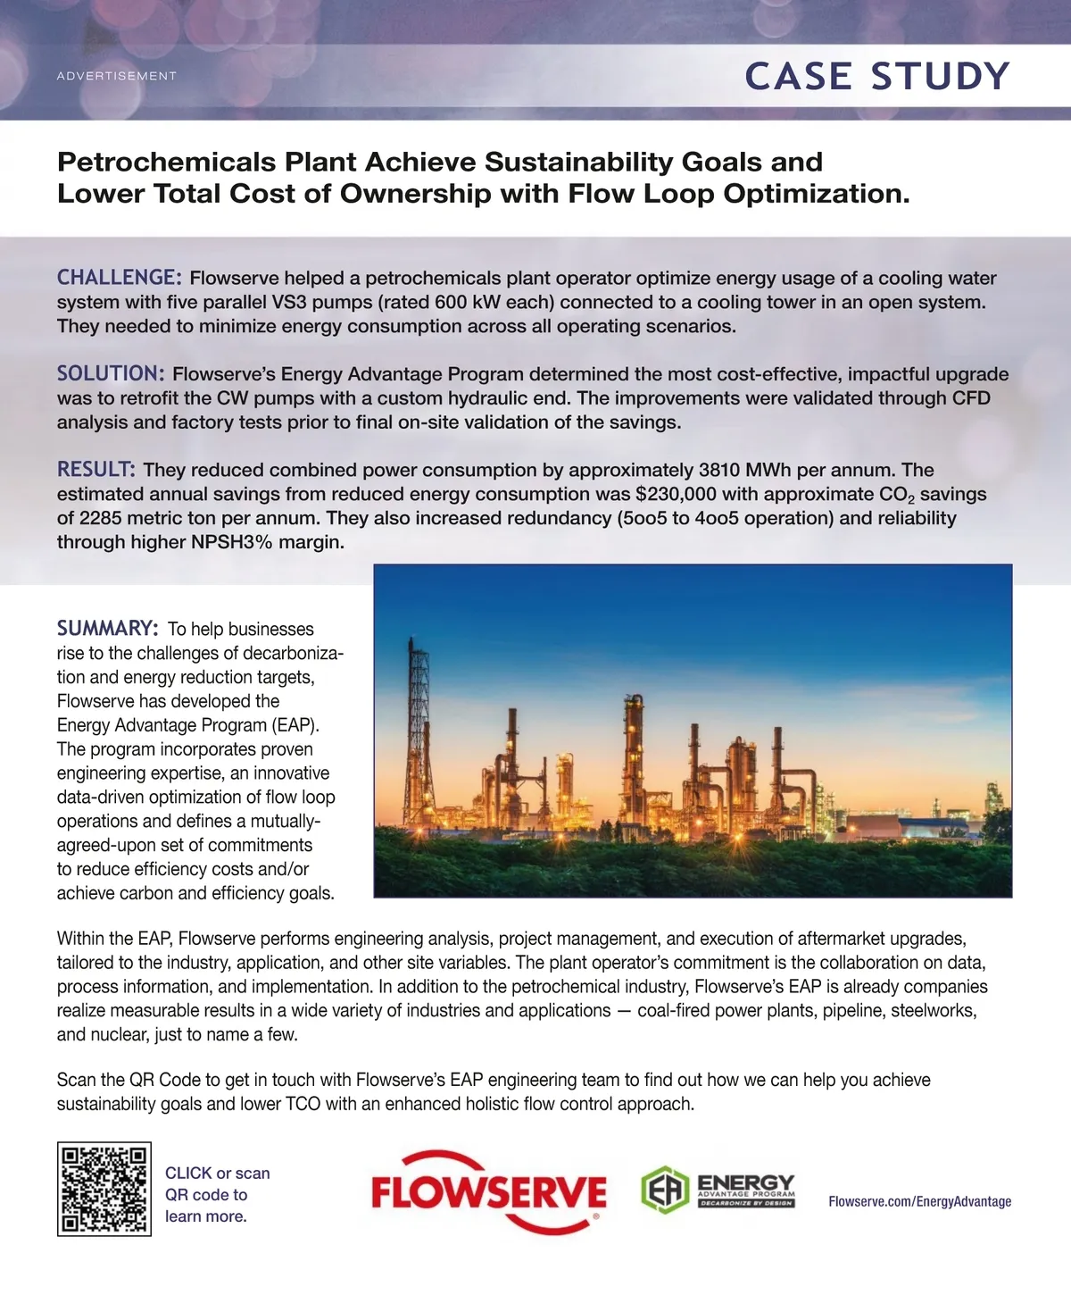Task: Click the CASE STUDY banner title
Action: [x=877, y=76]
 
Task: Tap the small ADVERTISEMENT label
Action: [x=117, y=76]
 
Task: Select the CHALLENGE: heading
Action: [x=120, y=278]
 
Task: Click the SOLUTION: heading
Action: [x=111, y=373]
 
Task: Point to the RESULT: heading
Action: [x=96, y=469]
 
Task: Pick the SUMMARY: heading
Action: [x=108, y=629]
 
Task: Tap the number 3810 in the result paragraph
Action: [x=720, y=470]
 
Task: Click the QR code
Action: [x=104, y=1189]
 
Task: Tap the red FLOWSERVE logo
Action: [x=488, y=1192]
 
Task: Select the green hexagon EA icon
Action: [x=665, y=1190]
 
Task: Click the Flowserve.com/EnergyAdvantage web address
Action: [x=919, y=1201]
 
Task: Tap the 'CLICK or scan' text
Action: [x=217, y=1173]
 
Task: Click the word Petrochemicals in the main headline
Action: [x=167, y=163]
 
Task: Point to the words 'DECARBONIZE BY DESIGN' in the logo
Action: [x=746, y=1203]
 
